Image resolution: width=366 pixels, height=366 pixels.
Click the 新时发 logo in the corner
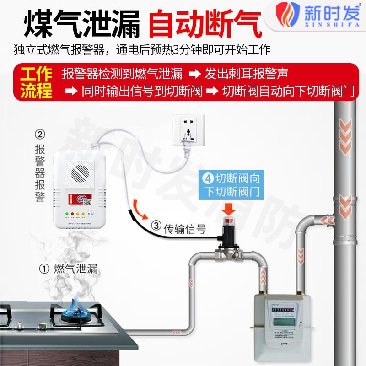pos(320,14)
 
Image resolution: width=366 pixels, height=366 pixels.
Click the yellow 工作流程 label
pos(36,83)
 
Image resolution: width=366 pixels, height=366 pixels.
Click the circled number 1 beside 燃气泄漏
pos(44,269)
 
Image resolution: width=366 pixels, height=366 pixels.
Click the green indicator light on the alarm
pos(67,214)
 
